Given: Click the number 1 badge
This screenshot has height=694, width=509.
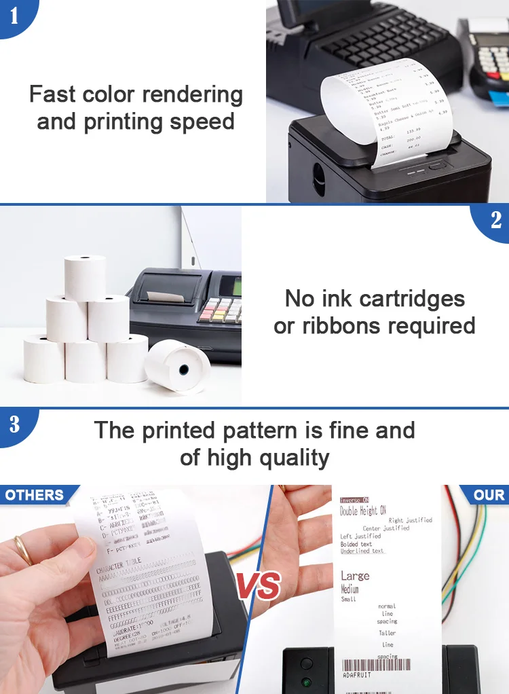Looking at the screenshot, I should [x=14, y=16].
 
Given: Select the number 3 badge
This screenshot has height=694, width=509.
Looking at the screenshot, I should [x=14, y=424].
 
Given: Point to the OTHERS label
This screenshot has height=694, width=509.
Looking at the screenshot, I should [x=35, y=495].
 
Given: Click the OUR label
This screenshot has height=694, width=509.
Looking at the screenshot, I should [x=489, y=495].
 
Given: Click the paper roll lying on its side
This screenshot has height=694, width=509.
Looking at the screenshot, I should [x=178, y=367].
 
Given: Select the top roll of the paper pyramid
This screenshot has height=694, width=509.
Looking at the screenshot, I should [x=86, y=276].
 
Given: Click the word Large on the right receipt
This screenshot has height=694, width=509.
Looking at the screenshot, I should [x=355, y=576].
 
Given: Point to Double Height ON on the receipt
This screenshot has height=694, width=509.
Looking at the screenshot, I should [x=363, y=511].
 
